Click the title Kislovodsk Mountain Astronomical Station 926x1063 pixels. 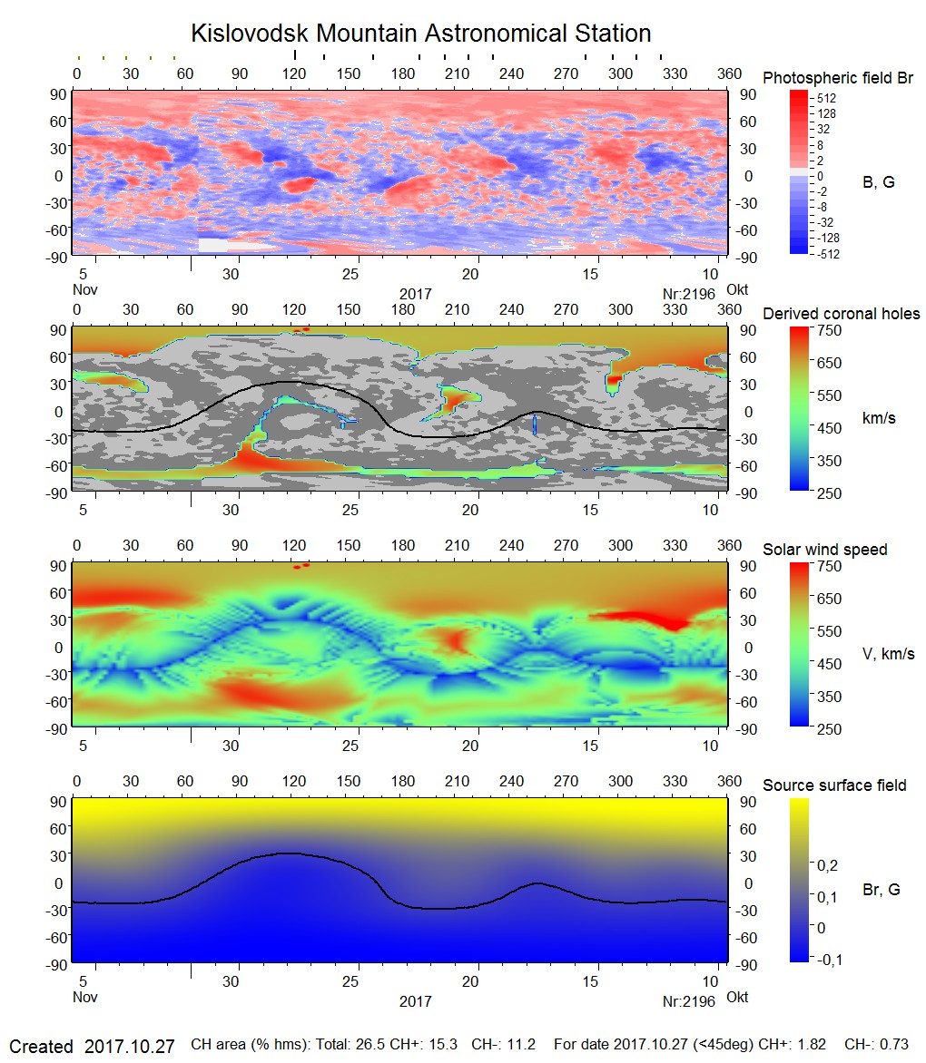420,34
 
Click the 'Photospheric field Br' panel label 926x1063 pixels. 838,78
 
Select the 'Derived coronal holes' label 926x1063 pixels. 842,314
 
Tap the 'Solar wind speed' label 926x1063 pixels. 824,550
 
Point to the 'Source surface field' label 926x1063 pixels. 834,785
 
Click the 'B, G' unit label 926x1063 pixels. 878,182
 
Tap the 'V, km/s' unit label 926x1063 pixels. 888,654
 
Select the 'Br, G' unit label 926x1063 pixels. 882,890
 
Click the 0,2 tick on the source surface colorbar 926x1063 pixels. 827,865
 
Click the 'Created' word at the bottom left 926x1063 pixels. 41,1047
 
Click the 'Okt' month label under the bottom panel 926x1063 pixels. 737,998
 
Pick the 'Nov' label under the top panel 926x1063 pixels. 84,290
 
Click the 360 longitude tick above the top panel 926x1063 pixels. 726,73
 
